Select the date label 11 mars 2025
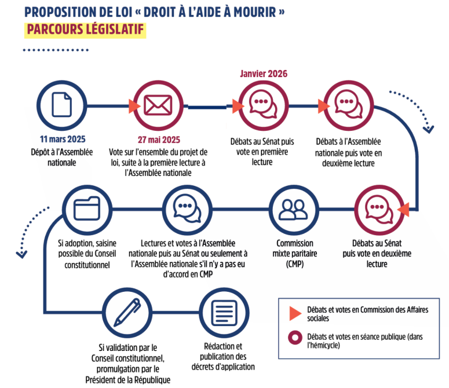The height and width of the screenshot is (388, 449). tap(62, 140)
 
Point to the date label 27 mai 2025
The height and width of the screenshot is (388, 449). tap(158, 140)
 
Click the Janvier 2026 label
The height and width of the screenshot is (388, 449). tap(264, 74)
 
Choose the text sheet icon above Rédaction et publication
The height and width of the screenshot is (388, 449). tap(223, 313)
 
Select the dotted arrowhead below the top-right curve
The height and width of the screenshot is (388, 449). tap(428, 129)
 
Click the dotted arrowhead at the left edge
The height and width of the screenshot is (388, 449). tap(21, 253)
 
